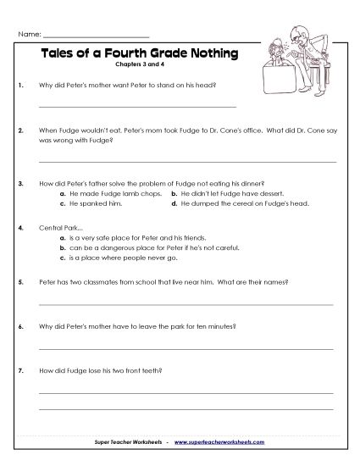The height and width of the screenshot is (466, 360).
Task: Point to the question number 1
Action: coord(19,85)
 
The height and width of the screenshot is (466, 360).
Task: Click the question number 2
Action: coord(19,132)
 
